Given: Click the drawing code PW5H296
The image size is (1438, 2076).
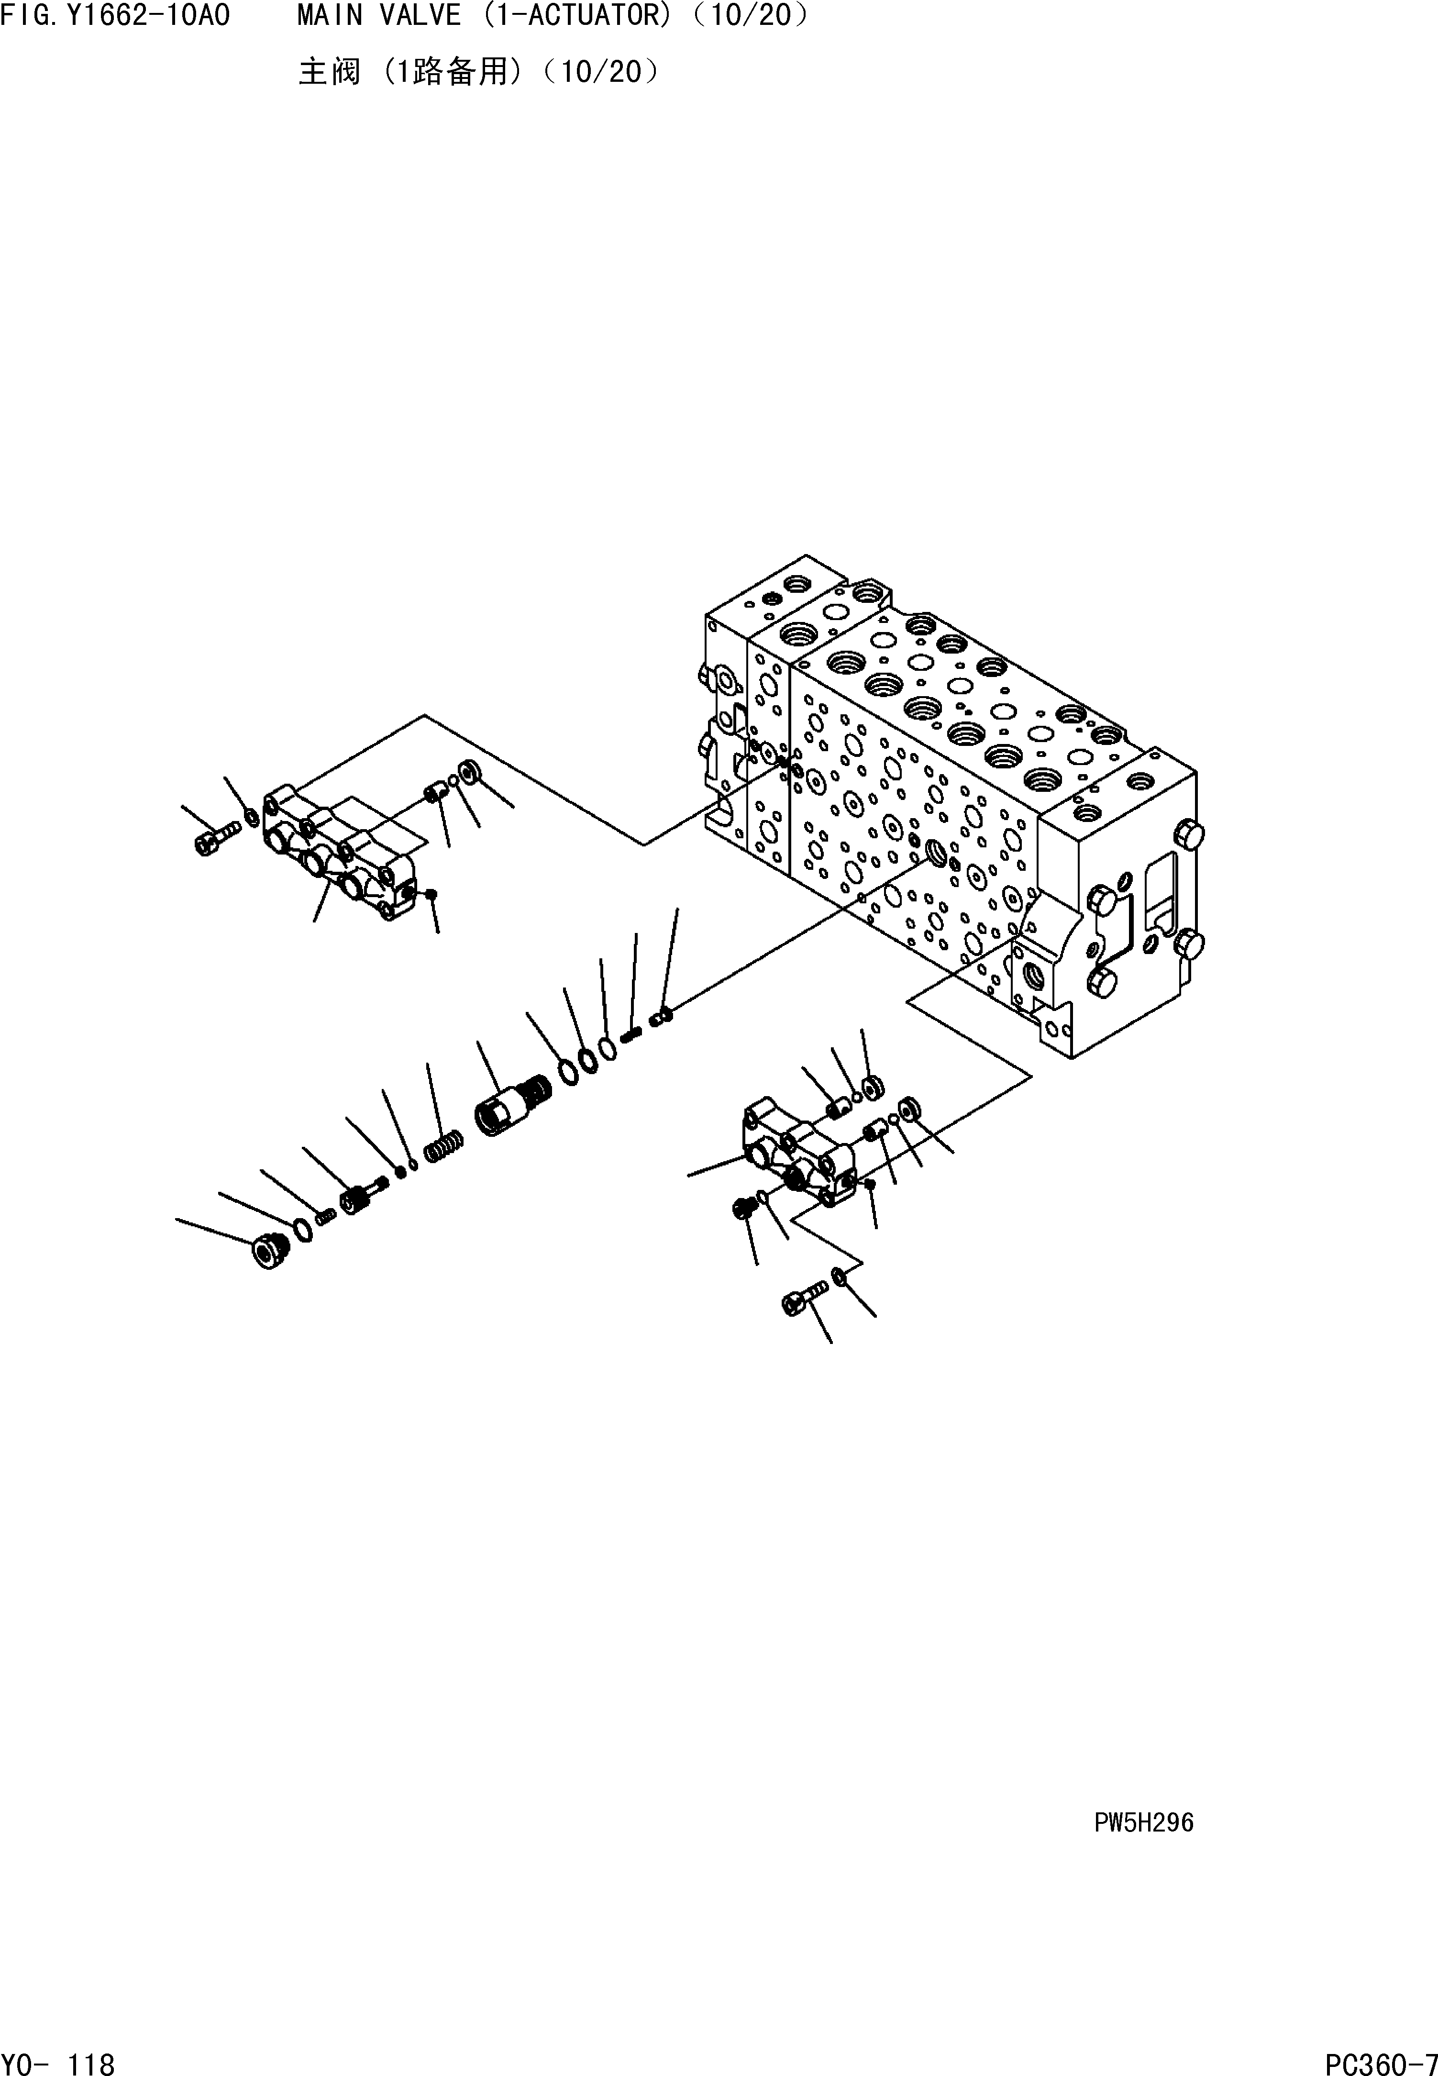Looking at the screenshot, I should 1143,1823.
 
